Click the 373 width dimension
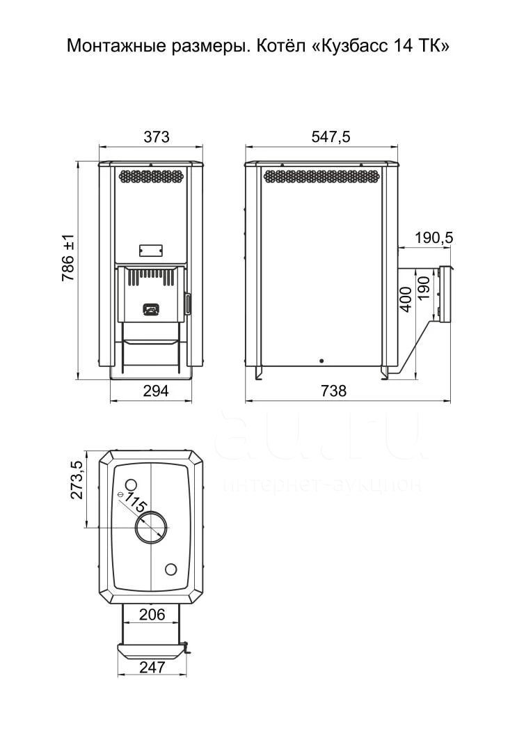pos(157,137)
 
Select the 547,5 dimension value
pos(331,137)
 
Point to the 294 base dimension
pos(156,391)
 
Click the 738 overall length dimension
pos(334,391)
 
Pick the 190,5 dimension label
pos(434,238)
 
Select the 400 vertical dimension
pos(406,299)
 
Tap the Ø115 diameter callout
pos(134,501)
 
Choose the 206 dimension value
pos(152,615)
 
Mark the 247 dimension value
pos(152,667)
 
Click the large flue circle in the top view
pos(152,527)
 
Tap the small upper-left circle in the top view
pos(131,484)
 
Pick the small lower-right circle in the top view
pos(171,569)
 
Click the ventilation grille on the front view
pos(151,175)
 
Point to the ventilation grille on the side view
pos(321,176)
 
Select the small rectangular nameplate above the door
pos(150,250)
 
